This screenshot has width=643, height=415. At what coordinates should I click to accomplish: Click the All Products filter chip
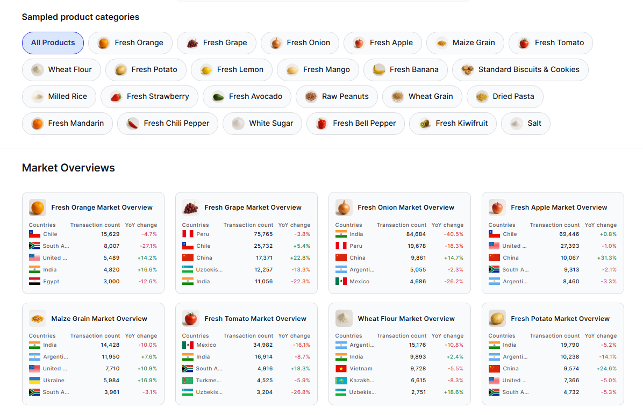[53, 43]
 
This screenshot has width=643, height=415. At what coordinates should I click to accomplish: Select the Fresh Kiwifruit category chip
[453, 124]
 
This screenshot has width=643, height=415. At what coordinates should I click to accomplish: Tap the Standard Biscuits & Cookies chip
[520, 70]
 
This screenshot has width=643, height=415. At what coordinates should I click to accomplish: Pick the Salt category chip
[525, 124]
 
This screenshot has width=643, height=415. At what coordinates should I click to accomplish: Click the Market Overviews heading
[68, 168]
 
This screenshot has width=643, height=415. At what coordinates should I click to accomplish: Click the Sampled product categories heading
[80, 17]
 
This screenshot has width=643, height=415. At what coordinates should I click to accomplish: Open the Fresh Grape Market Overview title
[253, 207]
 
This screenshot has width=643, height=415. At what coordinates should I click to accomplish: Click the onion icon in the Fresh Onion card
[344, 207]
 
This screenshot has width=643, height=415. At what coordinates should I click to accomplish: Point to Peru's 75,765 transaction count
[263, 234]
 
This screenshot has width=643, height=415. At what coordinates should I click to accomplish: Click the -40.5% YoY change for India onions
[453, 234]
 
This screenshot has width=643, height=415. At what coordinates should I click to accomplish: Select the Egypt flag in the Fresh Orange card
[34, 282]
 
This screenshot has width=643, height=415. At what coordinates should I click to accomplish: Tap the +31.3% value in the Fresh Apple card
[606, 258]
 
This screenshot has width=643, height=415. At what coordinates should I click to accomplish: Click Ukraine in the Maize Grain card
[53, 381]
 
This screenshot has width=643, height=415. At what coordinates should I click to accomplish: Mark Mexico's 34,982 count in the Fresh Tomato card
[263, 345]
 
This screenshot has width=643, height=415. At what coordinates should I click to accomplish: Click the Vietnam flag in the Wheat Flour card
[341, 369]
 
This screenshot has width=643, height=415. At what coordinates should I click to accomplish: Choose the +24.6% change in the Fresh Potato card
[606, 369]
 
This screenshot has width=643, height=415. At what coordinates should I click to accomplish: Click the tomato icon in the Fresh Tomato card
[191, 318]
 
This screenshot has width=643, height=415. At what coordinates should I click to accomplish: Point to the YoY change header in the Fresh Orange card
[141, 225]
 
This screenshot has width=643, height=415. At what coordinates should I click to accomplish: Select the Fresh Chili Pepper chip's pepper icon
[133, 124]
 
